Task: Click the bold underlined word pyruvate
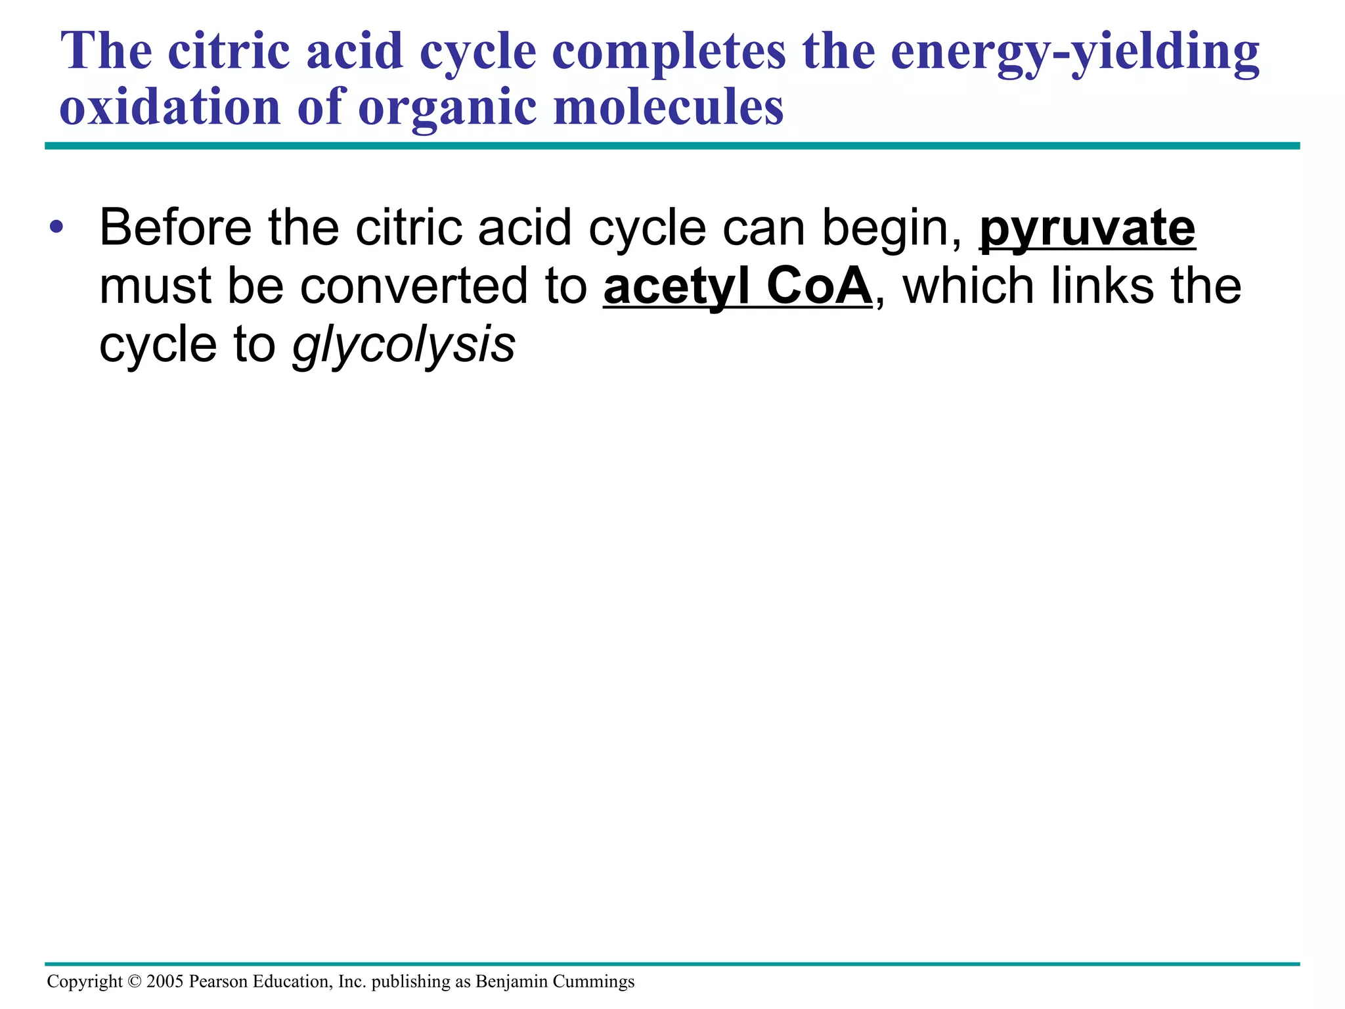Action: (1087, 229)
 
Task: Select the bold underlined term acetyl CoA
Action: (738, 286)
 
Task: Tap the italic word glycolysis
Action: (403, 346)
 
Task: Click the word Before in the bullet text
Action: (175, 227)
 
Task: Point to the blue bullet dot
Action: (56, 228)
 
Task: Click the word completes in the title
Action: (668, 53)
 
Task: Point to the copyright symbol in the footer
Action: (135, 981)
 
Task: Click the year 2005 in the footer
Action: (165, 981)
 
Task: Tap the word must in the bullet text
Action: (155, 288)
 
